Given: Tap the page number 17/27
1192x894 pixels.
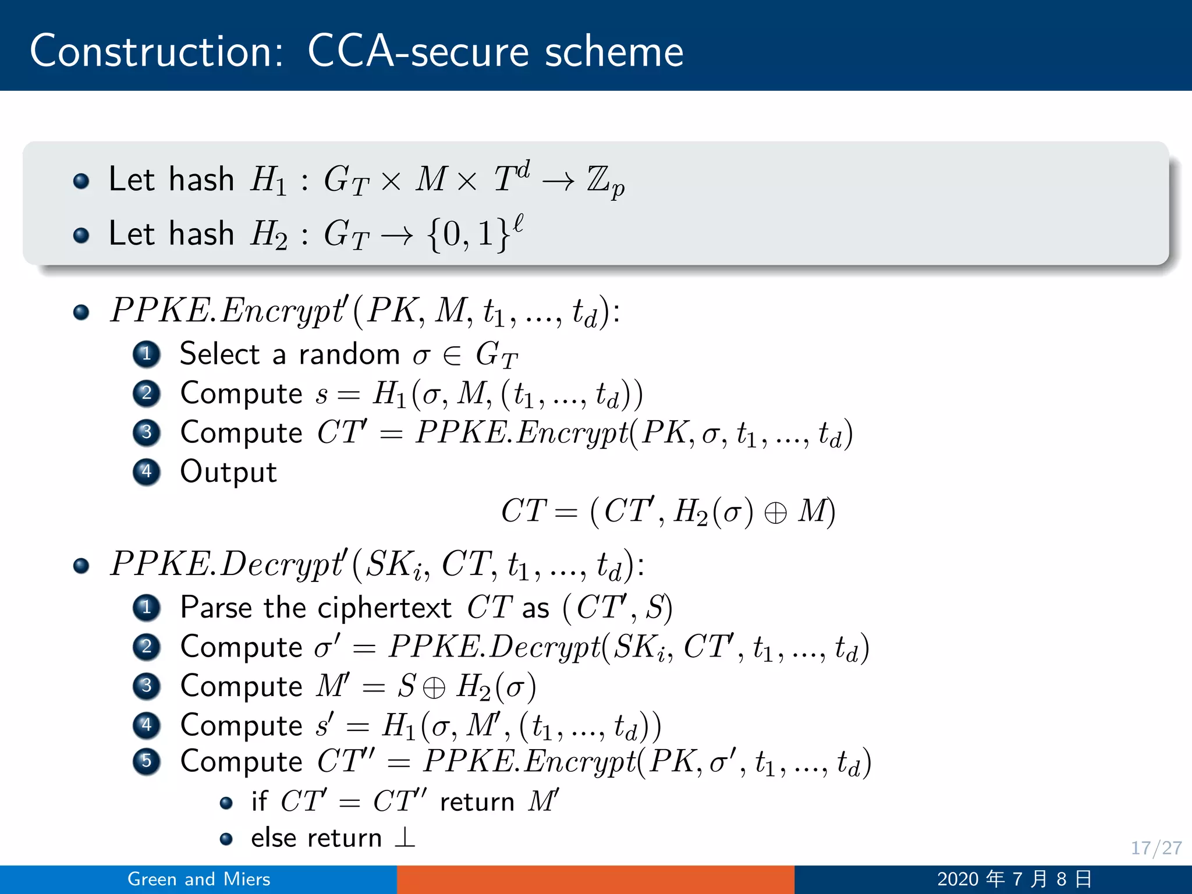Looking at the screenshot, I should click(1156, 848).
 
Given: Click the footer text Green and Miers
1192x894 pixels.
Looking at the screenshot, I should click(199, 879).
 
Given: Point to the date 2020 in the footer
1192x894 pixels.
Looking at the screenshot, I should click(957, 879).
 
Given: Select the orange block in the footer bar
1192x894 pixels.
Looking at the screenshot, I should click(595, 879).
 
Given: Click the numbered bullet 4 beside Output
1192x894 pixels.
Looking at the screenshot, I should click(147, 471).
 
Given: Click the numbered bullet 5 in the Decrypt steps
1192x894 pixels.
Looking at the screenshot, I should click(147, 761).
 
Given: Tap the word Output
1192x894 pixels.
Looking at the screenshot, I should click(228, 471).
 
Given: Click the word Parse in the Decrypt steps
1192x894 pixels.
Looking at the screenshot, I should click(217, 608).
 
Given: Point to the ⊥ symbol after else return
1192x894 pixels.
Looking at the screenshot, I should click(405, 838).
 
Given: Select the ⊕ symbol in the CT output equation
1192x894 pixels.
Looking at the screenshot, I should click(775, 512).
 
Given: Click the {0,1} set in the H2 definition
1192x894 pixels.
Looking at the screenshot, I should click(469, 234).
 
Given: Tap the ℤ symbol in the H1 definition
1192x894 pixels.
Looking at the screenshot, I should click(598, 179).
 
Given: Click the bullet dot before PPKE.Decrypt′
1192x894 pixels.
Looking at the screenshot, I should click(81, 565).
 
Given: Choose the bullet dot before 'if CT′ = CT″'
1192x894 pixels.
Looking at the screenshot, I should click(226, 803).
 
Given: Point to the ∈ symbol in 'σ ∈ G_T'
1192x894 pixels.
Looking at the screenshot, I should click(452, 355).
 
